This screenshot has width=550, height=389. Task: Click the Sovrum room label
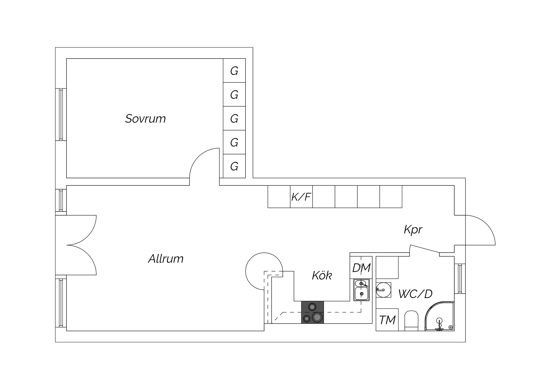(x=145, y=119)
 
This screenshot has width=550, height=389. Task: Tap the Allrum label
(x=166, y=259)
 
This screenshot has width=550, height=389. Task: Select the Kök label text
(x=322, y=275)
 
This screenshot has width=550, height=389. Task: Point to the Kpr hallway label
(x=413, y=230)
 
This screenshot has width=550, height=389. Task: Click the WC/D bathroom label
(x=415, y=294)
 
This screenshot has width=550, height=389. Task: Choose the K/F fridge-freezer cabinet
(x=301, y=197)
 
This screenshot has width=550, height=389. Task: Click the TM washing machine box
(x=387, y=320)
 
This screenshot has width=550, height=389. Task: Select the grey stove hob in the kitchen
(x=313, y=312)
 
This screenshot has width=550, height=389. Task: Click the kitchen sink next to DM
(x=362, y=290)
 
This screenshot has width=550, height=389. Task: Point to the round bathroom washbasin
(x=383, y=290)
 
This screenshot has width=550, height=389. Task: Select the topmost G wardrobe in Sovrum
(x=234, y=71)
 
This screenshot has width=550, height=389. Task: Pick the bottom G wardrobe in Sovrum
(x=234, y=166)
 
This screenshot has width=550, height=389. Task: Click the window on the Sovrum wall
(x=61, y=114)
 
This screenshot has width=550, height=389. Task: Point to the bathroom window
(x=460, y=279)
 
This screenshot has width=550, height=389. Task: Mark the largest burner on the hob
(x=317, y=317)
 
